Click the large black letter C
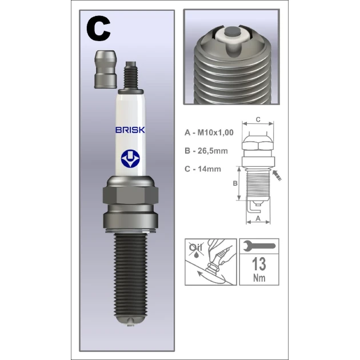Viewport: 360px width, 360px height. click(x=98, y=28)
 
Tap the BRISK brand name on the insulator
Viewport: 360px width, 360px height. click(x=130, y=130)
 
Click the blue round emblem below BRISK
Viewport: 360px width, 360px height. click(x=130, y=158)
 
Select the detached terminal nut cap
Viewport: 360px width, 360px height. click(x=106, y=69)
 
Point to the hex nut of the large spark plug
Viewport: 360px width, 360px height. click(x=130, y=195)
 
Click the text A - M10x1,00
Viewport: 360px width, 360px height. click(x=209, y=133)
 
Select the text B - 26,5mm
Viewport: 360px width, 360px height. click(x=206, y=151)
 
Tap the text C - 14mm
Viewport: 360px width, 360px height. click(x=202, y=169)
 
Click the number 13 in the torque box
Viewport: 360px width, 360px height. click(x=259, y=264)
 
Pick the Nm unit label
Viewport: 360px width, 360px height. click(x=259, y=278)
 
